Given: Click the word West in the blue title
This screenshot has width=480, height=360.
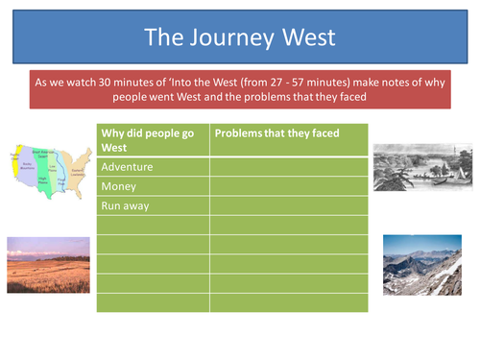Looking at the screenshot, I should [307, 36].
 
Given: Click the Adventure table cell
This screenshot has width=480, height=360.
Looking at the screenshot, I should [153, 167].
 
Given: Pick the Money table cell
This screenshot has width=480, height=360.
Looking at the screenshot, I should [153, 186].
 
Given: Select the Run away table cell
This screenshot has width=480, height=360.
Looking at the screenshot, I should [153, 205].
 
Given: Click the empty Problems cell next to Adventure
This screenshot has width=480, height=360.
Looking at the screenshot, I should [288, 167].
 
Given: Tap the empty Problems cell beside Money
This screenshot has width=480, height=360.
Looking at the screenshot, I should [288, 186].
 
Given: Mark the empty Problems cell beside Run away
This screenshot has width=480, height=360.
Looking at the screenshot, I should [288, 205].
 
